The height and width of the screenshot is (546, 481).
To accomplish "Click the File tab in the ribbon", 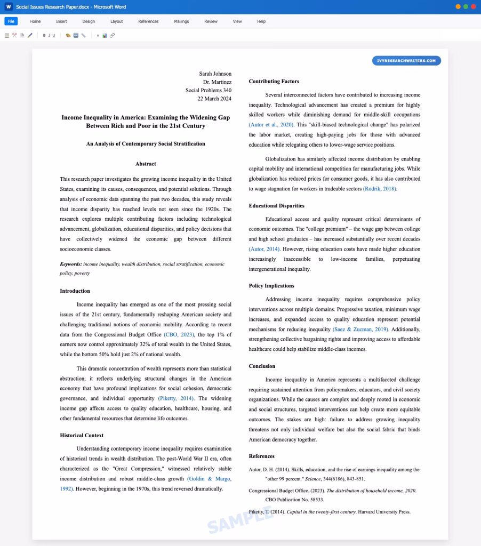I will click(11, 21).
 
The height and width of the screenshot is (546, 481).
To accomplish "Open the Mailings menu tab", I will click(181, 21).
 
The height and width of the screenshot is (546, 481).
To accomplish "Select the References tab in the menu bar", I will click(148, 21).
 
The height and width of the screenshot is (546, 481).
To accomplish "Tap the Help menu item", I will click(261, 21).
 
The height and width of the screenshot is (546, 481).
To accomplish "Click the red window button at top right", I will click(473, 7).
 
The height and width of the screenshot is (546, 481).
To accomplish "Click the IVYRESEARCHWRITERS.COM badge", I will click(406, 61).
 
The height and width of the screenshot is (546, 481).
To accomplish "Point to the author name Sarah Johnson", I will click(215, 74).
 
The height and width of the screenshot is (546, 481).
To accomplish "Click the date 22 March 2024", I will click(214, 99).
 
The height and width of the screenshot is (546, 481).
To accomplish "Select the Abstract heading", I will click(146, 164).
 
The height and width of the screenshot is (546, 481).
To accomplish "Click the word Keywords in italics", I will click(71, 264).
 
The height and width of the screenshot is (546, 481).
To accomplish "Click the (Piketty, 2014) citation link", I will click(176, 398).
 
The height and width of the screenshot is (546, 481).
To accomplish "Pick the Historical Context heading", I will click(82, 435).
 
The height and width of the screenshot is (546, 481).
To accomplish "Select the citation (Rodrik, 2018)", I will click(380, 189).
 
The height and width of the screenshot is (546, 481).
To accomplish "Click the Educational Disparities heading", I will click(276, 205).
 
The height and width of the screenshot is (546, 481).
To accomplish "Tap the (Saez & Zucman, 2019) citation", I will click(360, 329).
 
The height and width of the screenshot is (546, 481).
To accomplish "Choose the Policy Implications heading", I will click(271, 286).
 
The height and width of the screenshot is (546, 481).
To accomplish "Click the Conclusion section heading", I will click(262, 366).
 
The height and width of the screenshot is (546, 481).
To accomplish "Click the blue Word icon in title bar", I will click(8, 7).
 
